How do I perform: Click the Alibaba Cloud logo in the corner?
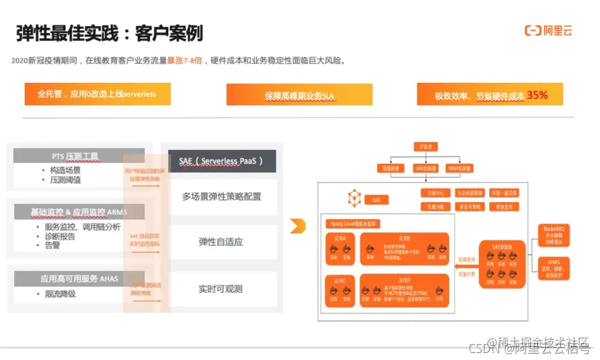pyautogui.click(x=548, y=31)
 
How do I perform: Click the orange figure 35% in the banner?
pyautogui.click(x=537, y=96)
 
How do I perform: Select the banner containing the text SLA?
pyautogui.click(x=299, y=96)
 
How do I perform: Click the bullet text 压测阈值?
pyautogui.click(x=66, y=180)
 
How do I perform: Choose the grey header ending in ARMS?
pyautogui.click(x=79, y=211)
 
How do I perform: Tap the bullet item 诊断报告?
pyautogui.click(x=61, y=236)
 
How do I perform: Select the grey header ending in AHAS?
pyautogui.click(x=79, y=278)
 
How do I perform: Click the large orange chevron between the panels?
pyautogui.click(x=297, y=225)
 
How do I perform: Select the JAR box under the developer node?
pyautogui.click(x=426, y=168)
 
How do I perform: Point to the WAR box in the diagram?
pyautogui.click(x=461, y=168)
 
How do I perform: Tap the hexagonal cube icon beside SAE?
pyautogui.click(x=355, y=198)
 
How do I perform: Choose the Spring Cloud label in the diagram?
pyautogui.click(x=354, y=224)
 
